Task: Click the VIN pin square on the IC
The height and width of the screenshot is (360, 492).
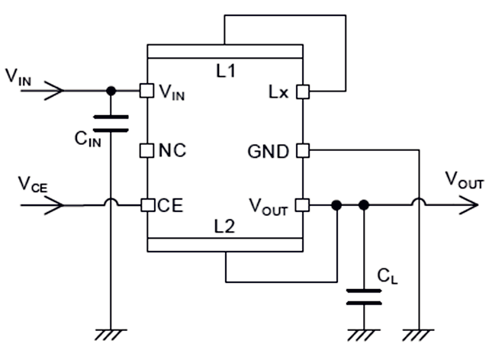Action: [146, 91]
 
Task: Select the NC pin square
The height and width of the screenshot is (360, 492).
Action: [146, 150]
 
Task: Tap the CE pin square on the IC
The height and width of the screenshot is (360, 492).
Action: [146, 205]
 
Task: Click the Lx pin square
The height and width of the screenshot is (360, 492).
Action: [303, 91]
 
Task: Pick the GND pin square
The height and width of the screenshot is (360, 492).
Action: [303, 150]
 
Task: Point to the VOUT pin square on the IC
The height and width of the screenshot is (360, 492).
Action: [303, 205]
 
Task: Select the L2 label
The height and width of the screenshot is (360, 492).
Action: [225, 226]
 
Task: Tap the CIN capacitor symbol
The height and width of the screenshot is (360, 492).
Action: [111, 123]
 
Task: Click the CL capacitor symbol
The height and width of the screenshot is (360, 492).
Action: [364, 296]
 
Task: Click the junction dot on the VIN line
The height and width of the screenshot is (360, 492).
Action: [111, 91]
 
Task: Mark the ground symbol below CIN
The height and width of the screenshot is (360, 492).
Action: [111, 333]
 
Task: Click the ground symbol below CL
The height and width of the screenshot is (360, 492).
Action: [364, 333]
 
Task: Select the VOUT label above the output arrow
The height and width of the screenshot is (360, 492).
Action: [464, 181]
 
